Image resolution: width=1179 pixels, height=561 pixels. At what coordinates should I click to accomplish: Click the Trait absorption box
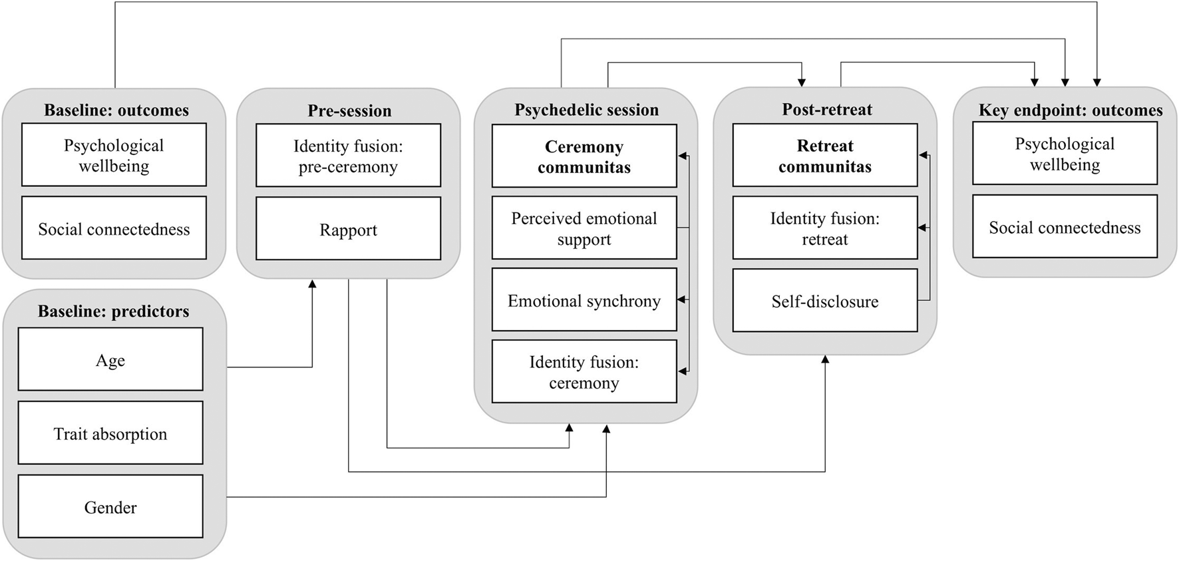[110, 433]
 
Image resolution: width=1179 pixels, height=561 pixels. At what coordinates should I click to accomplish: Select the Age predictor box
[110, 359]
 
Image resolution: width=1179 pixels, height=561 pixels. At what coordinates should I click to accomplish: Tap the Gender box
[110, 507]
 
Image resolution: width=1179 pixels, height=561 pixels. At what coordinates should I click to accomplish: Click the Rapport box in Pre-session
[348, 229]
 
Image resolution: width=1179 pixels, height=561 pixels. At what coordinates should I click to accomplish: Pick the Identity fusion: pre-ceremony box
[348, 156]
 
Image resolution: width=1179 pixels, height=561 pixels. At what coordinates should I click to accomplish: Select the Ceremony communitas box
[584, 156]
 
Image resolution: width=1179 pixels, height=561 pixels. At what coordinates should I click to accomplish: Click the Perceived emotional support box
[584, 228]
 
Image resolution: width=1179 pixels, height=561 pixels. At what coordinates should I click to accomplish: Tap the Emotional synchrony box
[584, 300]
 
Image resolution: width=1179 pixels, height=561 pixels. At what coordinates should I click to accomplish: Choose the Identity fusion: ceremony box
[584, 371]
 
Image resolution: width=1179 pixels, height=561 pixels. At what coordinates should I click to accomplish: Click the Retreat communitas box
[825, 155]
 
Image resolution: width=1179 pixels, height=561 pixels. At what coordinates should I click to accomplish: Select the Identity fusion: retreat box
[825, 228]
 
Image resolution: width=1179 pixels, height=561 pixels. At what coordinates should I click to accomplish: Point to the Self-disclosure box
[825, 301]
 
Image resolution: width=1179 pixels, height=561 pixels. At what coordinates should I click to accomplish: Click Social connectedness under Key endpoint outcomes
[1065, 227]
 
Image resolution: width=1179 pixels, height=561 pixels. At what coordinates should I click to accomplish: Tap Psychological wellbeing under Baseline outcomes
[114, 155]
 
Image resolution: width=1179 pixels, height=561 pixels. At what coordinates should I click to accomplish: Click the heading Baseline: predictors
[113, 311]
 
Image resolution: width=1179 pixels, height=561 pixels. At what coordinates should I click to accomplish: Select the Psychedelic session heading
[586, 110]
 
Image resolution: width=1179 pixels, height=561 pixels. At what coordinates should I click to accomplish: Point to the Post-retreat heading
[827, 109]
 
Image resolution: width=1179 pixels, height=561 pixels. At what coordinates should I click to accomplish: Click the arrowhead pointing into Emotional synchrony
[682, 300]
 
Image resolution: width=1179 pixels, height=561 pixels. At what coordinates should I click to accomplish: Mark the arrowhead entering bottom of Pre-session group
[312, 284]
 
